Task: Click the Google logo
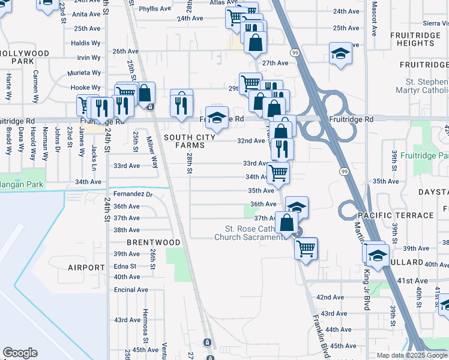[20, 353]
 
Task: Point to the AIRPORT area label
[86, 268]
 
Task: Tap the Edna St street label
[125, 266]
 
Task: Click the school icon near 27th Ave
[340, 53]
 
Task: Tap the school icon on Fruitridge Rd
[217, 116]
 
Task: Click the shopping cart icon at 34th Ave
[278, 173]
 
